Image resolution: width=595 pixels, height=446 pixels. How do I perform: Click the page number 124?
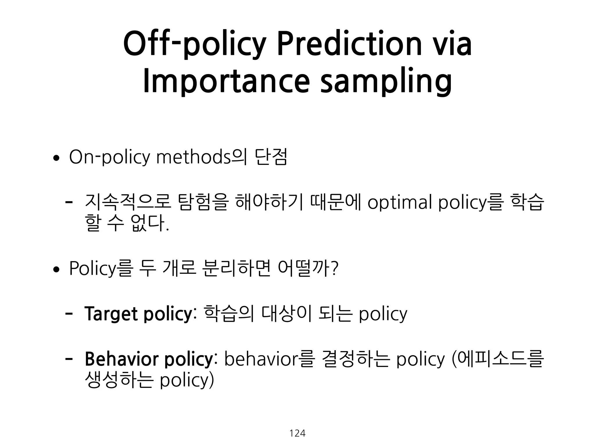297,433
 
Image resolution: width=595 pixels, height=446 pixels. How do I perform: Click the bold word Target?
110,314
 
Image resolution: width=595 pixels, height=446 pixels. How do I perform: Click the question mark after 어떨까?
335,268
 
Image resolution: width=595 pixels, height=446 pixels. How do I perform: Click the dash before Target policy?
69,314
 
